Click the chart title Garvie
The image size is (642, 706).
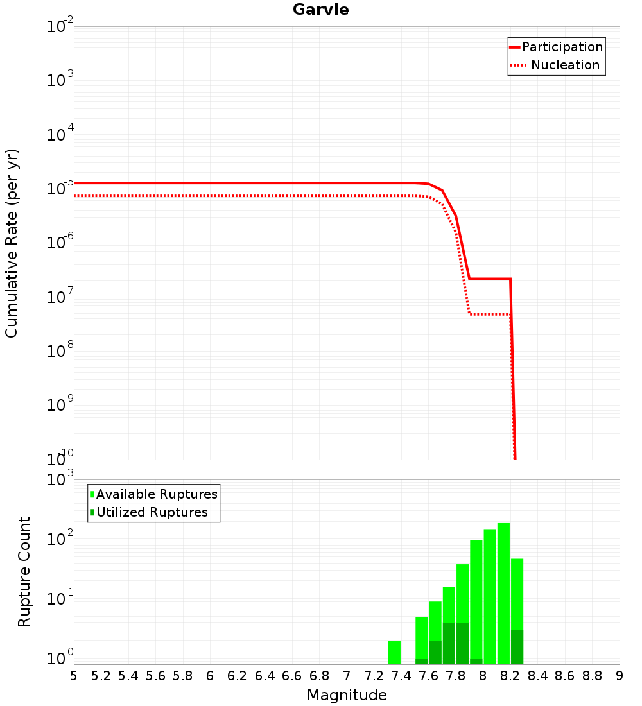tap(320, 10)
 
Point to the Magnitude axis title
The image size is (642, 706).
tap(347, 695)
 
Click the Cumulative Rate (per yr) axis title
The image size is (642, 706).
tap(12, 243)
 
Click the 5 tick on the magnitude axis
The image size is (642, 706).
tap(74, 676)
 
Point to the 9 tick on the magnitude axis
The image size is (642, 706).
tap(620, 676)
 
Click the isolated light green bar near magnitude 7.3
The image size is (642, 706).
tap(394, 652)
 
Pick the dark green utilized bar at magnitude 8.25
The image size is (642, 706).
tap(517, 647)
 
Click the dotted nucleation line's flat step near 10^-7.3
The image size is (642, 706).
tap(489, 314)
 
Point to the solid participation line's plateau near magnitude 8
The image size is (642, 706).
tap(489, 279)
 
